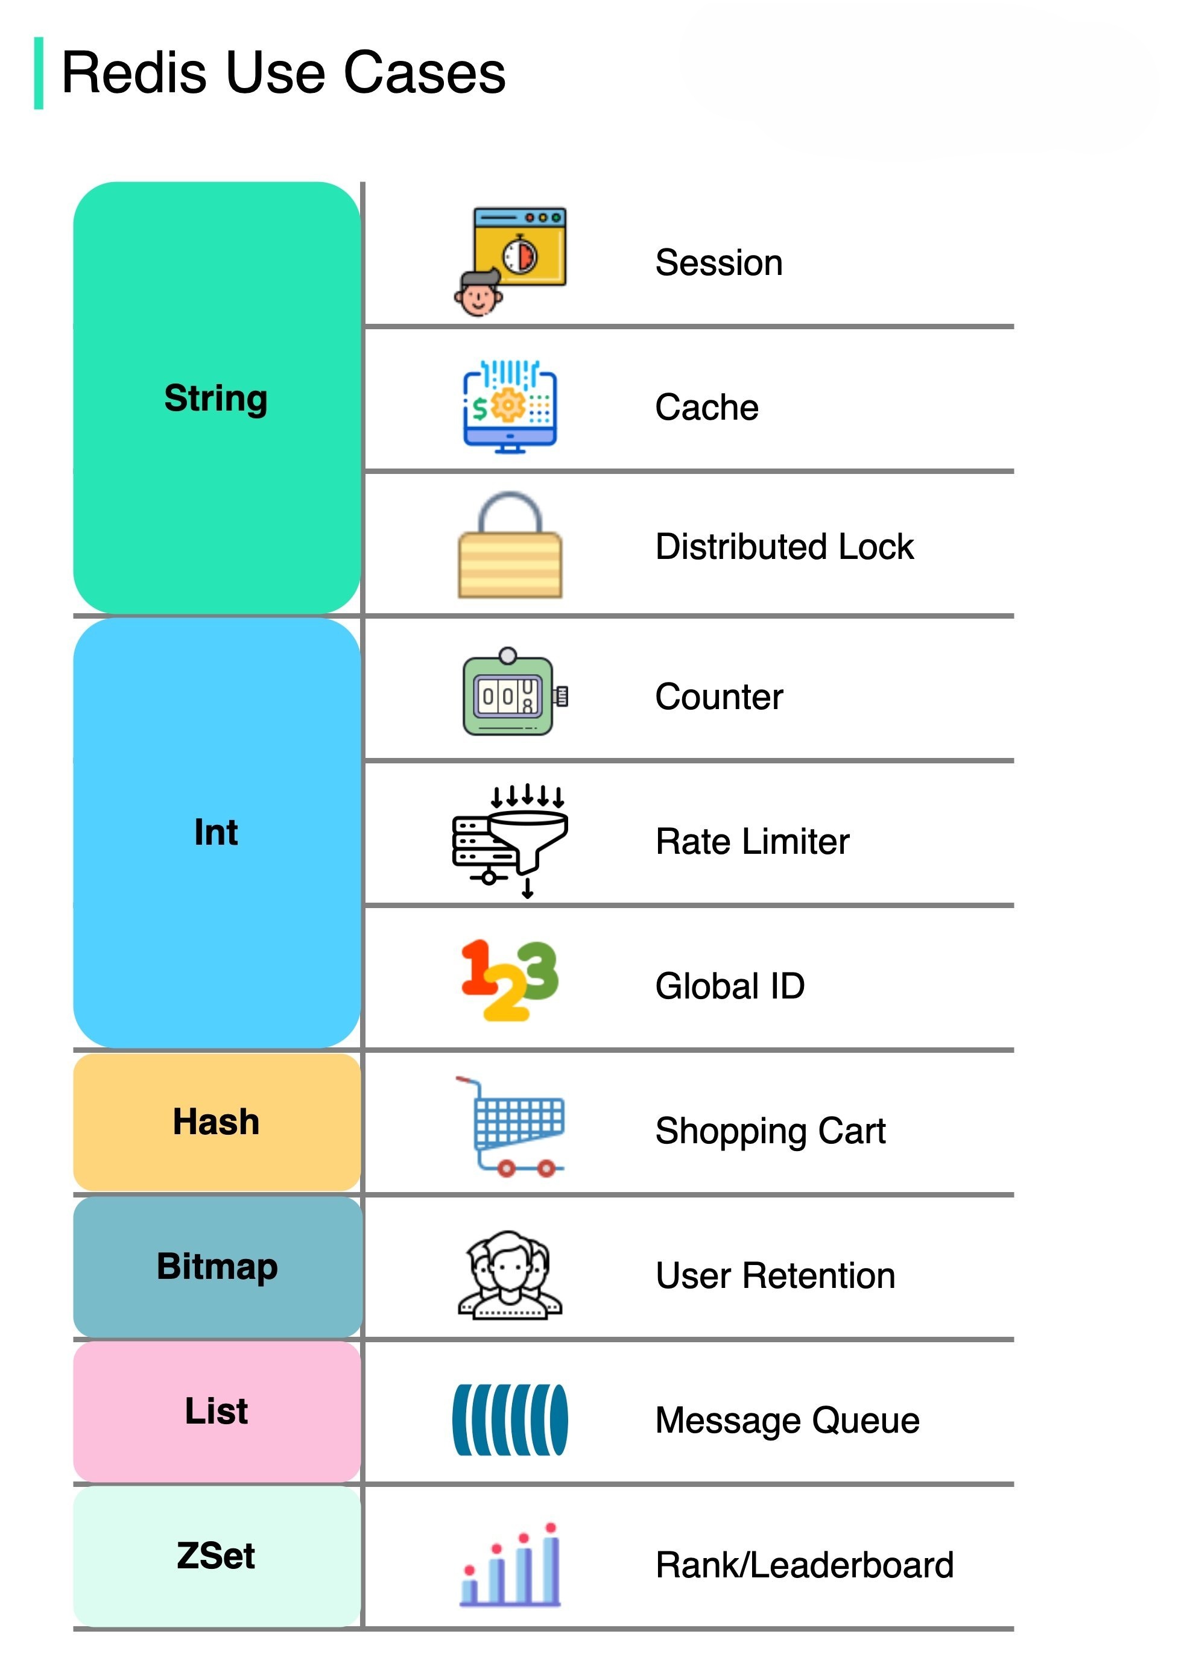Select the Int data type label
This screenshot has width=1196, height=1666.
click(215, 832)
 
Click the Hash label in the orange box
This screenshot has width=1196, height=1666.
click(216, 1122)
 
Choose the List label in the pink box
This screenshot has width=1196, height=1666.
click(216, 1411)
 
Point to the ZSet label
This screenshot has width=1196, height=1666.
click(215, 1555)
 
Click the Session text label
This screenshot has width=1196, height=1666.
click(718, 263)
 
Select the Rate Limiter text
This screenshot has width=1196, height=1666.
click(751, 842)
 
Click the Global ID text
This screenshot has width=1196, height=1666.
click(730, 986)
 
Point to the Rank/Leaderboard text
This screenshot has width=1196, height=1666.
click(804, 1565)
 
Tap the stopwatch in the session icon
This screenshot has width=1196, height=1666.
click(520, 255)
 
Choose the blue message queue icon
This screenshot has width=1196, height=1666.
click(510, 1420)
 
